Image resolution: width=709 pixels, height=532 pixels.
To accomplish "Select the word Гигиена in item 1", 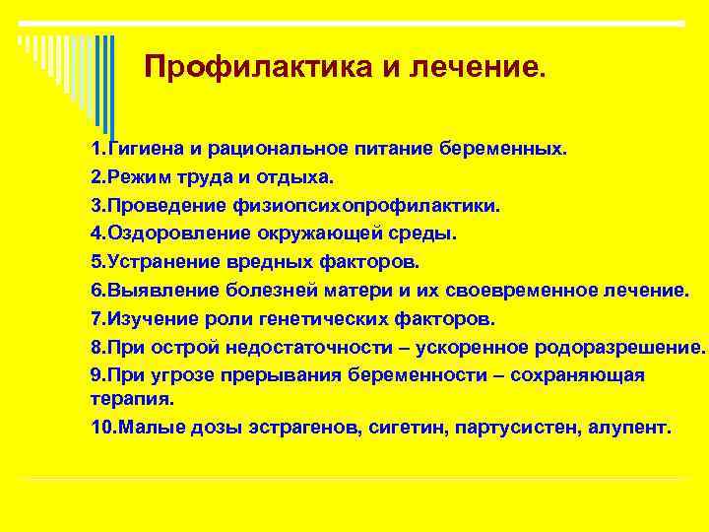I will point(146,149).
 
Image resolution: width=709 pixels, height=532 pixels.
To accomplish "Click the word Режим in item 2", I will point(139,177).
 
